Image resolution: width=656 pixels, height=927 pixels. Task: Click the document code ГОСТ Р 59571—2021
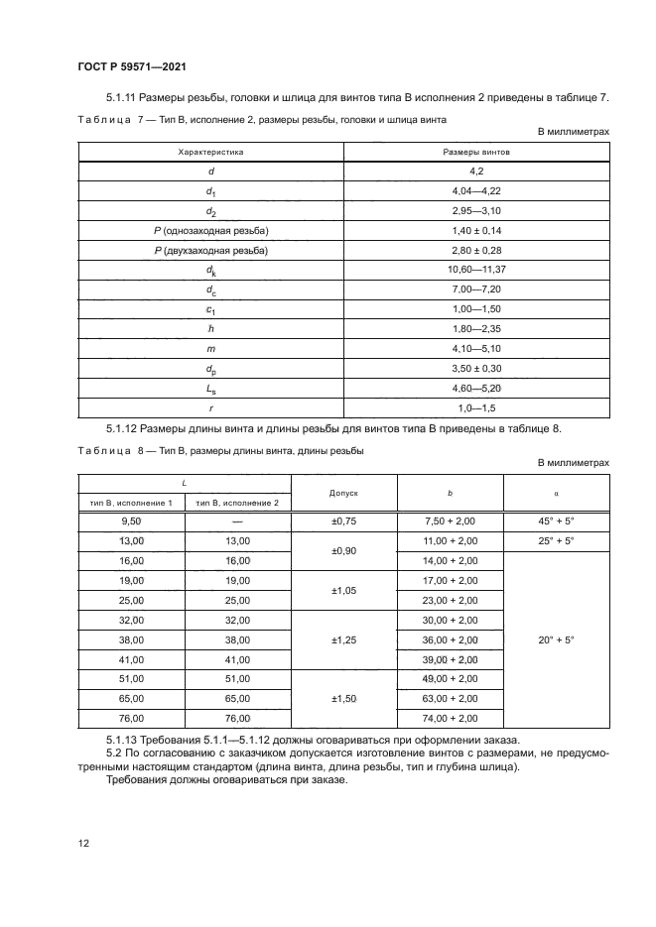[132, 65]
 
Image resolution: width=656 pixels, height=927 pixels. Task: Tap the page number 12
[84, 843]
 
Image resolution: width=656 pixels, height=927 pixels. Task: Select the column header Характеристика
[210, 153]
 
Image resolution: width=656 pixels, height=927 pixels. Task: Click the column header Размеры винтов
[476, 153]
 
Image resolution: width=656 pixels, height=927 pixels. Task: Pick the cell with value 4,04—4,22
[476, 191]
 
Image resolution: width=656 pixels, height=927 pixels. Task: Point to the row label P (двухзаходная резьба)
[210, 251]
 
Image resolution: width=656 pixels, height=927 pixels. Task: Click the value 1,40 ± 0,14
[476, 231]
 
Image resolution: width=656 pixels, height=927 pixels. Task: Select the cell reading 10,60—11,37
[476, 270]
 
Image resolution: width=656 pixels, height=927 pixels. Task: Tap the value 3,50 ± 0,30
[476, 368]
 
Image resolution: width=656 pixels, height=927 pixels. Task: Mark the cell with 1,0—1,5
[476, 406]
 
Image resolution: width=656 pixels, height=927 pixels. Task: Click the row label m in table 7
[210, 348]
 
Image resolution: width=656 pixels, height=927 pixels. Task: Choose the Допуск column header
[342, 492]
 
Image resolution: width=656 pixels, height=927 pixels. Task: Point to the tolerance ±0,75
[342, 521]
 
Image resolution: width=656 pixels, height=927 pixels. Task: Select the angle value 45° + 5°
[556, 521]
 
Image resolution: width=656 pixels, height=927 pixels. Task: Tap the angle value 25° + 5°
[556, 540]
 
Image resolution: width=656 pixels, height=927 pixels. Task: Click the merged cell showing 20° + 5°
[556, 638]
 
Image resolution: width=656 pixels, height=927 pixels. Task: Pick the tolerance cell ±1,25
[342, 638]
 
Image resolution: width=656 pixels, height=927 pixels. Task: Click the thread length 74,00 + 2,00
[450, 717]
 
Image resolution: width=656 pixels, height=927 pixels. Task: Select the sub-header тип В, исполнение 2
[238, 503]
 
